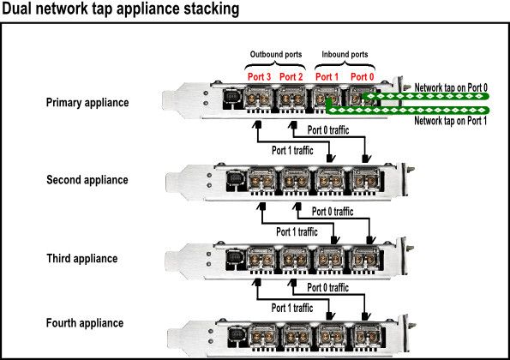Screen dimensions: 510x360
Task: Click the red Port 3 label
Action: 259,77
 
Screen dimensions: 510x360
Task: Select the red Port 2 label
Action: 291,77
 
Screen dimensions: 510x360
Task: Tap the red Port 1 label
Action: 327,77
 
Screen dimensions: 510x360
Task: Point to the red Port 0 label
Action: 362,77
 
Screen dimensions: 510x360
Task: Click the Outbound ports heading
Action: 276,54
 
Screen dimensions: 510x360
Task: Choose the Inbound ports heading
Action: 345,54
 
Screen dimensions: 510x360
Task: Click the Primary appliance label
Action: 87,103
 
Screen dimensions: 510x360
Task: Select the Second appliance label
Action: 87,180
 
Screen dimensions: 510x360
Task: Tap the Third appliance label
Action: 82,259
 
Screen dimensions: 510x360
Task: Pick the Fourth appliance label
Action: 85,323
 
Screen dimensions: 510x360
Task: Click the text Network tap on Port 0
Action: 451,87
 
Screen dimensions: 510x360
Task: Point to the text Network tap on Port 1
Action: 451,121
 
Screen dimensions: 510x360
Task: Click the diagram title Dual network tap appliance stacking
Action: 120,9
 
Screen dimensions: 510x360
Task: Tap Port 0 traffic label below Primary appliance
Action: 328,130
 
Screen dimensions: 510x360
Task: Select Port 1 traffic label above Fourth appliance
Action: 292,308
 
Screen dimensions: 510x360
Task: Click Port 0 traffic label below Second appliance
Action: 333,212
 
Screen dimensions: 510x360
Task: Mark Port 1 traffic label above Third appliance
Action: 297,232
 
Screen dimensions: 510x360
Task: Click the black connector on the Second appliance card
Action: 235,181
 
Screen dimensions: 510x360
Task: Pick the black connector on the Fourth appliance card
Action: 237,336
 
